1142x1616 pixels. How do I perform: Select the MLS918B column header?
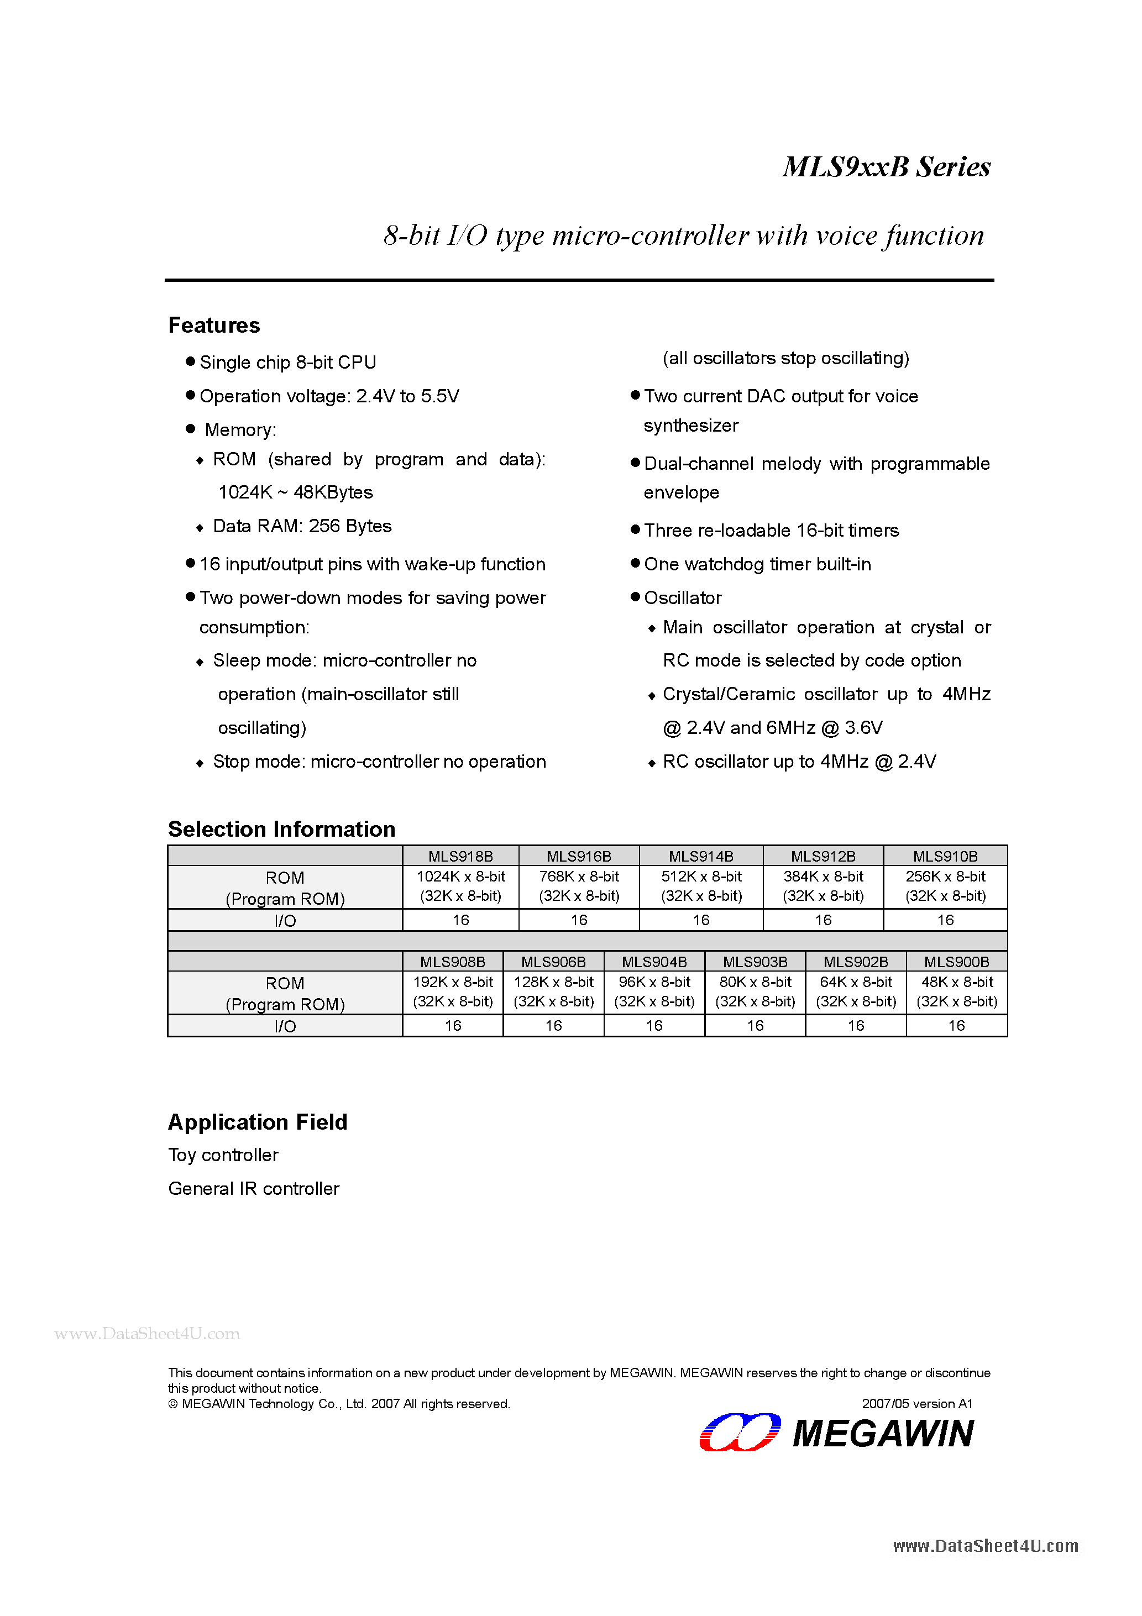tap(460, 856)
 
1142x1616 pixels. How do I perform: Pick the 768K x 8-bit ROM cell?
tap(579, 885)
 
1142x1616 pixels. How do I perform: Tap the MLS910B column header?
tap(945, 856)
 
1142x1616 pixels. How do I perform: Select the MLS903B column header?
tap(755, 962)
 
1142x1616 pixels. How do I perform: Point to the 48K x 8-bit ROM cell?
tap(956, 991)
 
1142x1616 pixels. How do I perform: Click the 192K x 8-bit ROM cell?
tap(453, 991)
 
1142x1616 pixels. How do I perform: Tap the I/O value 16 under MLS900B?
tap(956, 1026)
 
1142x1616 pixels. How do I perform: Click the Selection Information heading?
tap(281, 829)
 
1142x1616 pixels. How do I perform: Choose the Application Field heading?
tap(258, 1122)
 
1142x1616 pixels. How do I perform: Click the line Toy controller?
tap(223, 1155)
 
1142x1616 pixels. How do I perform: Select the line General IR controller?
tap(254, 1189)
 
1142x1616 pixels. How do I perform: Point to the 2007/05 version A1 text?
tap(916, 1403)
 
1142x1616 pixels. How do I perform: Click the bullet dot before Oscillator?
tap(635, 597)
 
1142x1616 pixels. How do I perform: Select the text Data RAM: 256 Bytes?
tap(302, 527)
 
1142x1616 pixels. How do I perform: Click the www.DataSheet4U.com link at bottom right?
tap(985, 1546)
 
